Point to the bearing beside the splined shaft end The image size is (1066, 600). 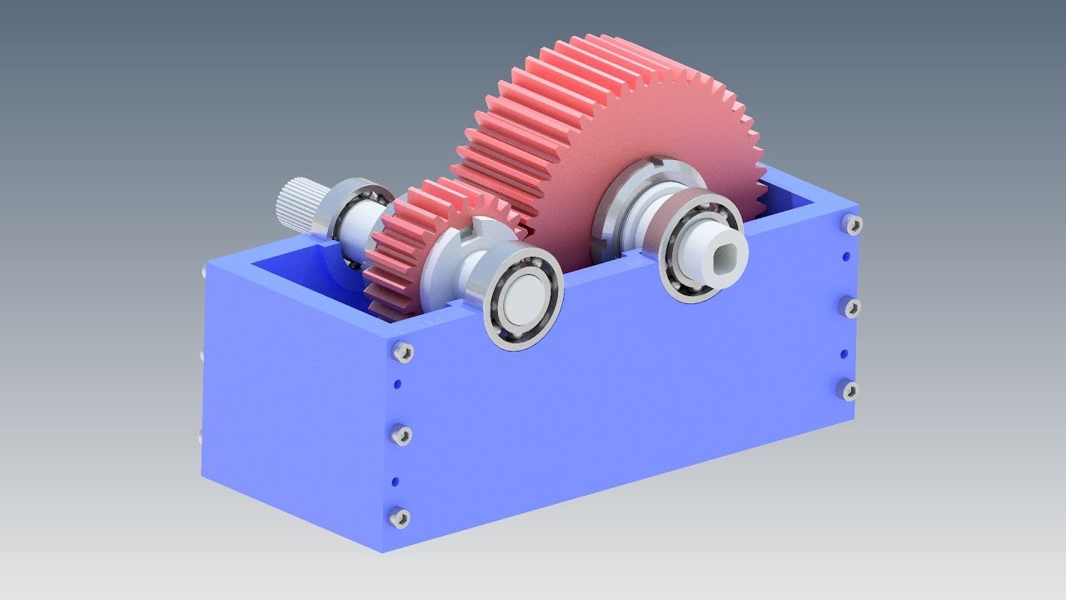[354, 212]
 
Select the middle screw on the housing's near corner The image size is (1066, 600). [401, 434]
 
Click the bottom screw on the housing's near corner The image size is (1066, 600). [400, 517]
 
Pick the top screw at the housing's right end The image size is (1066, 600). [852, 224]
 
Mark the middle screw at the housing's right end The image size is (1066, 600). [850, 307]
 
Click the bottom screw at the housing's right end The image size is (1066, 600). [849, 389]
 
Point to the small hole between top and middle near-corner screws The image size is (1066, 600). [397, 384]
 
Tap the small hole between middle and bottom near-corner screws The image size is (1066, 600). [395, 481]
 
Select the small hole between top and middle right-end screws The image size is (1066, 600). [846, 257]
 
